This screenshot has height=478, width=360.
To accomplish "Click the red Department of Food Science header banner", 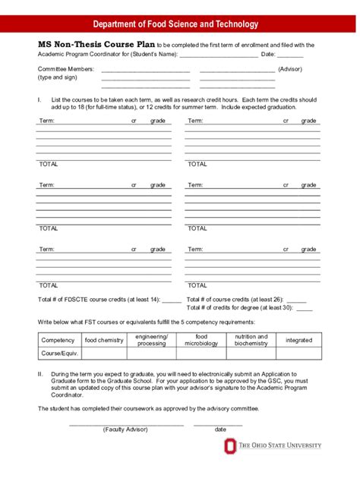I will click(x=180, y=24).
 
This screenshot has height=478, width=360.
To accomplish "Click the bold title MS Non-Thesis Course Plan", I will click(x=96, y=44).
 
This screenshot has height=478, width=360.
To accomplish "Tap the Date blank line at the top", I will click(x=291, y=55).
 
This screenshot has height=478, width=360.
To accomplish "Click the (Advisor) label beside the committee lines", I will click(x=290, y=69).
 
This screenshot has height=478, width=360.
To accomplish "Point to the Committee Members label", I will click(x=66, y=69).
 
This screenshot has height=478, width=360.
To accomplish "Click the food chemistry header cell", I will click(x=103, y=341).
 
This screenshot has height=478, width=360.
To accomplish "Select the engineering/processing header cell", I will click(x=152, y=340).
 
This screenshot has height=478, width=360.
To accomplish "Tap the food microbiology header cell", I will click(x=201, y=340).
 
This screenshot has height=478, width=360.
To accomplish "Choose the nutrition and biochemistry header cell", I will click(x=251, y=340).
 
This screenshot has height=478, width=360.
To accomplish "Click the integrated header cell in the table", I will click(x=298, y=341).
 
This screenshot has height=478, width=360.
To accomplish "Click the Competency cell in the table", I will click(x=58, y=341).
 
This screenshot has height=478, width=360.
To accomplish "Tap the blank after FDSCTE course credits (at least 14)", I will click(x=172, y=300).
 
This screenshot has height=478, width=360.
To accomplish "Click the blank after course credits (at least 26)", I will click(x=297, y=300).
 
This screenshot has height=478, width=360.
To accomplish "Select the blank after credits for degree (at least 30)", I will click(x=304, y=309).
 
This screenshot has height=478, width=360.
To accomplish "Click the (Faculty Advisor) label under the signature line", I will click(x=125, y=429).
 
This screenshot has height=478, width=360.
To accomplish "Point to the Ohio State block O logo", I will click(x=229, y=446).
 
